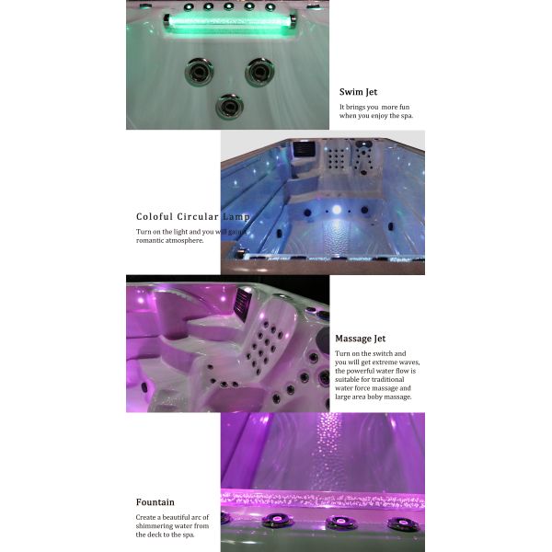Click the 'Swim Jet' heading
358,92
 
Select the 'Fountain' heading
155,502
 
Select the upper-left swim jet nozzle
198,71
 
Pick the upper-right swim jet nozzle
259,71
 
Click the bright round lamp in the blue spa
336,211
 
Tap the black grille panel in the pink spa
243,303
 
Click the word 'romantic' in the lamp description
154,240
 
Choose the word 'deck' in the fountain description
151,535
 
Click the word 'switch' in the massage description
381,354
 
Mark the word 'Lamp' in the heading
235,216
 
